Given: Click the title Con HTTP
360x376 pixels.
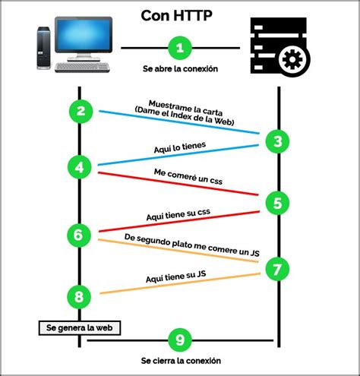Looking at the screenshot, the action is (176, 16).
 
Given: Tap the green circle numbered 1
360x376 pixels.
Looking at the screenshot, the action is (180, 48).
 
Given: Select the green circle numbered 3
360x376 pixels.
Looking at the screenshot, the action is (277, 141).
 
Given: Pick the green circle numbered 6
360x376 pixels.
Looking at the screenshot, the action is (79, 235).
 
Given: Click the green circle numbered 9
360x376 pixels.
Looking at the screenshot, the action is (180, 340).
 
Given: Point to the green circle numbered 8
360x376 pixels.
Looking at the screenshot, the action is (79, 297).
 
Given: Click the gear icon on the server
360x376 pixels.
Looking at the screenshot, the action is (292, 59).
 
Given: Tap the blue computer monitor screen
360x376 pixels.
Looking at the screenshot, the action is (84, 34).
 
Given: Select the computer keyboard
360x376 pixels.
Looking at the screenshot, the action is (83, 67).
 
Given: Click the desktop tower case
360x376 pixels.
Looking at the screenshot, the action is (43, 48).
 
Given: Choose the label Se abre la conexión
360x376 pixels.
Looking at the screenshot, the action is (180, 68).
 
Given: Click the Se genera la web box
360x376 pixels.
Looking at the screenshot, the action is (80, 328).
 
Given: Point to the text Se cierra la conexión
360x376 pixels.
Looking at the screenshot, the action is (181, 361).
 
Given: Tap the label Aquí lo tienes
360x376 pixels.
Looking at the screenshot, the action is (180, 147).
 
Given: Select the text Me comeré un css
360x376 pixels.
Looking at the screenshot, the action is (188, 176).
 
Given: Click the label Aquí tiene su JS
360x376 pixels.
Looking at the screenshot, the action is (175, 276).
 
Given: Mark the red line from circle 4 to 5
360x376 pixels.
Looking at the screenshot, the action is (178, 184).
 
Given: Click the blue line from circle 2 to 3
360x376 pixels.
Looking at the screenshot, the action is (179, 122).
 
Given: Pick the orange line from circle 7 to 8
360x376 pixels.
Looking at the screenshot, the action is (180, 283).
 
